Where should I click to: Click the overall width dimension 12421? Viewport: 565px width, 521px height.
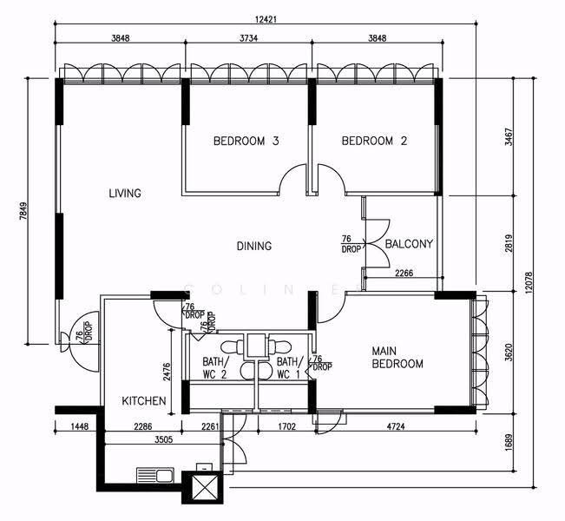pos(266,19)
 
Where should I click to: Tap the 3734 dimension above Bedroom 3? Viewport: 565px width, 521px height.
pos(248,38)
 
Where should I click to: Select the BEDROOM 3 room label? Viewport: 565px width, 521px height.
pos(246,141)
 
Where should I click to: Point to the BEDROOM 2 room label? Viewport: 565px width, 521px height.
pos(374,141)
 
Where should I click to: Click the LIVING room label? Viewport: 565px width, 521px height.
pos(125,194)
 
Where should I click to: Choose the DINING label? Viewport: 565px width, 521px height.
pos(254,246)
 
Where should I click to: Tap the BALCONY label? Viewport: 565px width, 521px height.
pos(409,244)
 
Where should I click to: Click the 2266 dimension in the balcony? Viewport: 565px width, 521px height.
pos(404,273)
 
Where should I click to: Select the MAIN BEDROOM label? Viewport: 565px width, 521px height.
pos(397,357)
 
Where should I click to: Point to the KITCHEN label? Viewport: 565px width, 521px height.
pos(144,401)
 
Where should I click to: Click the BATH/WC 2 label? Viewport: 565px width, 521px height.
pos(215,368)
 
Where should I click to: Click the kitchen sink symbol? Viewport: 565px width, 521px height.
pos(155,475)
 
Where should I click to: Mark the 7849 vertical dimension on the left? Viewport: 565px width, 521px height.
pos(23,211)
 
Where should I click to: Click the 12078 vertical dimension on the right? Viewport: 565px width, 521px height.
pos(529,283)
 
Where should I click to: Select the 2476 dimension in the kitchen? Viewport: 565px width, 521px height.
pos(167,373)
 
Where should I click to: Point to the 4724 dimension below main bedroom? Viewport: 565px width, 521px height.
pos(396,426)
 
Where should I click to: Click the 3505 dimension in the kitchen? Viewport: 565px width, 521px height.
pos(163,439)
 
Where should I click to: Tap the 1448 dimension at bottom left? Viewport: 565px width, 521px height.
pos(80,426)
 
